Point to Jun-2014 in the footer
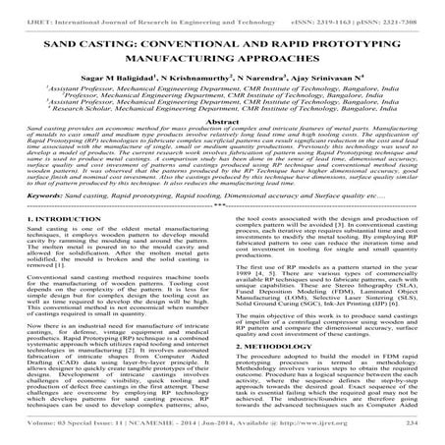click(238, 436)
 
